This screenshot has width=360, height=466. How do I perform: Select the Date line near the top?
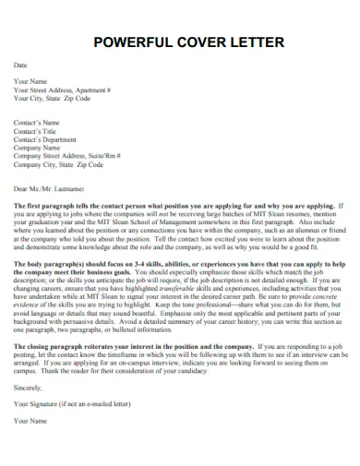point(20,66)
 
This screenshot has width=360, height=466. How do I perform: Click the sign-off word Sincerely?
point(29,388)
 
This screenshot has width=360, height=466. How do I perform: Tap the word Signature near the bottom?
point(46,402)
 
